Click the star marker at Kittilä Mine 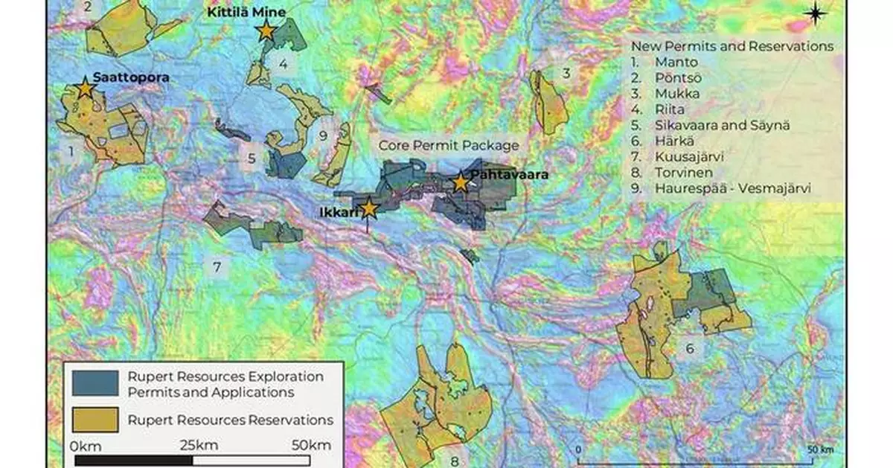point(266,31)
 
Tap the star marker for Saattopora point(85,89)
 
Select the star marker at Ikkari point(368,208)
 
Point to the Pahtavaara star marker point(461,182)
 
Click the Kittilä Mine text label point(246,13)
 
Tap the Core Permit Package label point(449,145)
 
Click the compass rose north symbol point(816,13)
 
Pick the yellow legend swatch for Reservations point(95,420)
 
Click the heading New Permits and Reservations point(727,46)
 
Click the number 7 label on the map point(217,267)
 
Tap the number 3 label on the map point(566,73)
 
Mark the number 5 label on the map point(252,158)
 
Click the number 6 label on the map point(689,348)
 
